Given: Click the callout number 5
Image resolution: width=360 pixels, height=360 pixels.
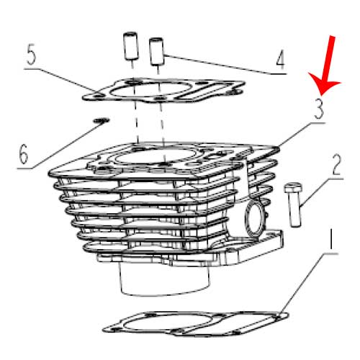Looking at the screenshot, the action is tap(32, 55).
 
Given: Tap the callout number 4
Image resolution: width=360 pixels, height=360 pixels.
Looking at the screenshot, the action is tap(280, 59).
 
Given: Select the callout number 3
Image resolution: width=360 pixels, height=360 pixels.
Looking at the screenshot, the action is tap(319, 109).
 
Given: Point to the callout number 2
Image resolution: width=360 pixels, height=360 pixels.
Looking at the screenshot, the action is tap(336, 165).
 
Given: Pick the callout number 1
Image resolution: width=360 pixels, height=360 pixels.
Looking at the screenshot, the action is tap(331, 239).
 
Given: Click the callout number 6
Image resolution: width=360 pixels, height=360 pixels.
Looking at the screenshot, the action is tap(24, 154).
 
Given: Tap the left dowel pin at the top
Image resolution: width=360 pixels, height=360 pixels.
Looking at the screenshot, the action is tap(130, 46).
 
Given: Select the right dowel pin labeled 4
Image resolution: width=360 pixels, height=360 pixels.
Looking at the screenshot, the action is tap(156, 51).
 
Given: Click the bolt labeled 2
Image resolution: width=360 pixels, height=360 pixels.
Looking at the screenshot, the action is tap(293, 204).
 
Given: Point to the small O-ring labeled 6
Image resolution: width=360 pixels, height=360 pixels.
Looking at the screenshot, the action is tap(102, 120).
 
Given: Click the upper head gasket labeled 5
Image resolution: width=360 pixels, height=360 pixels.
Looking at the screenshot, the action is tap(163, 91).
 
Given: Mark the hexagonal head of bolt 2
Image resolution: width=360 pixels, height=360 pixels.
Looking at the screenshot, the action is tap(293, 187).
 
